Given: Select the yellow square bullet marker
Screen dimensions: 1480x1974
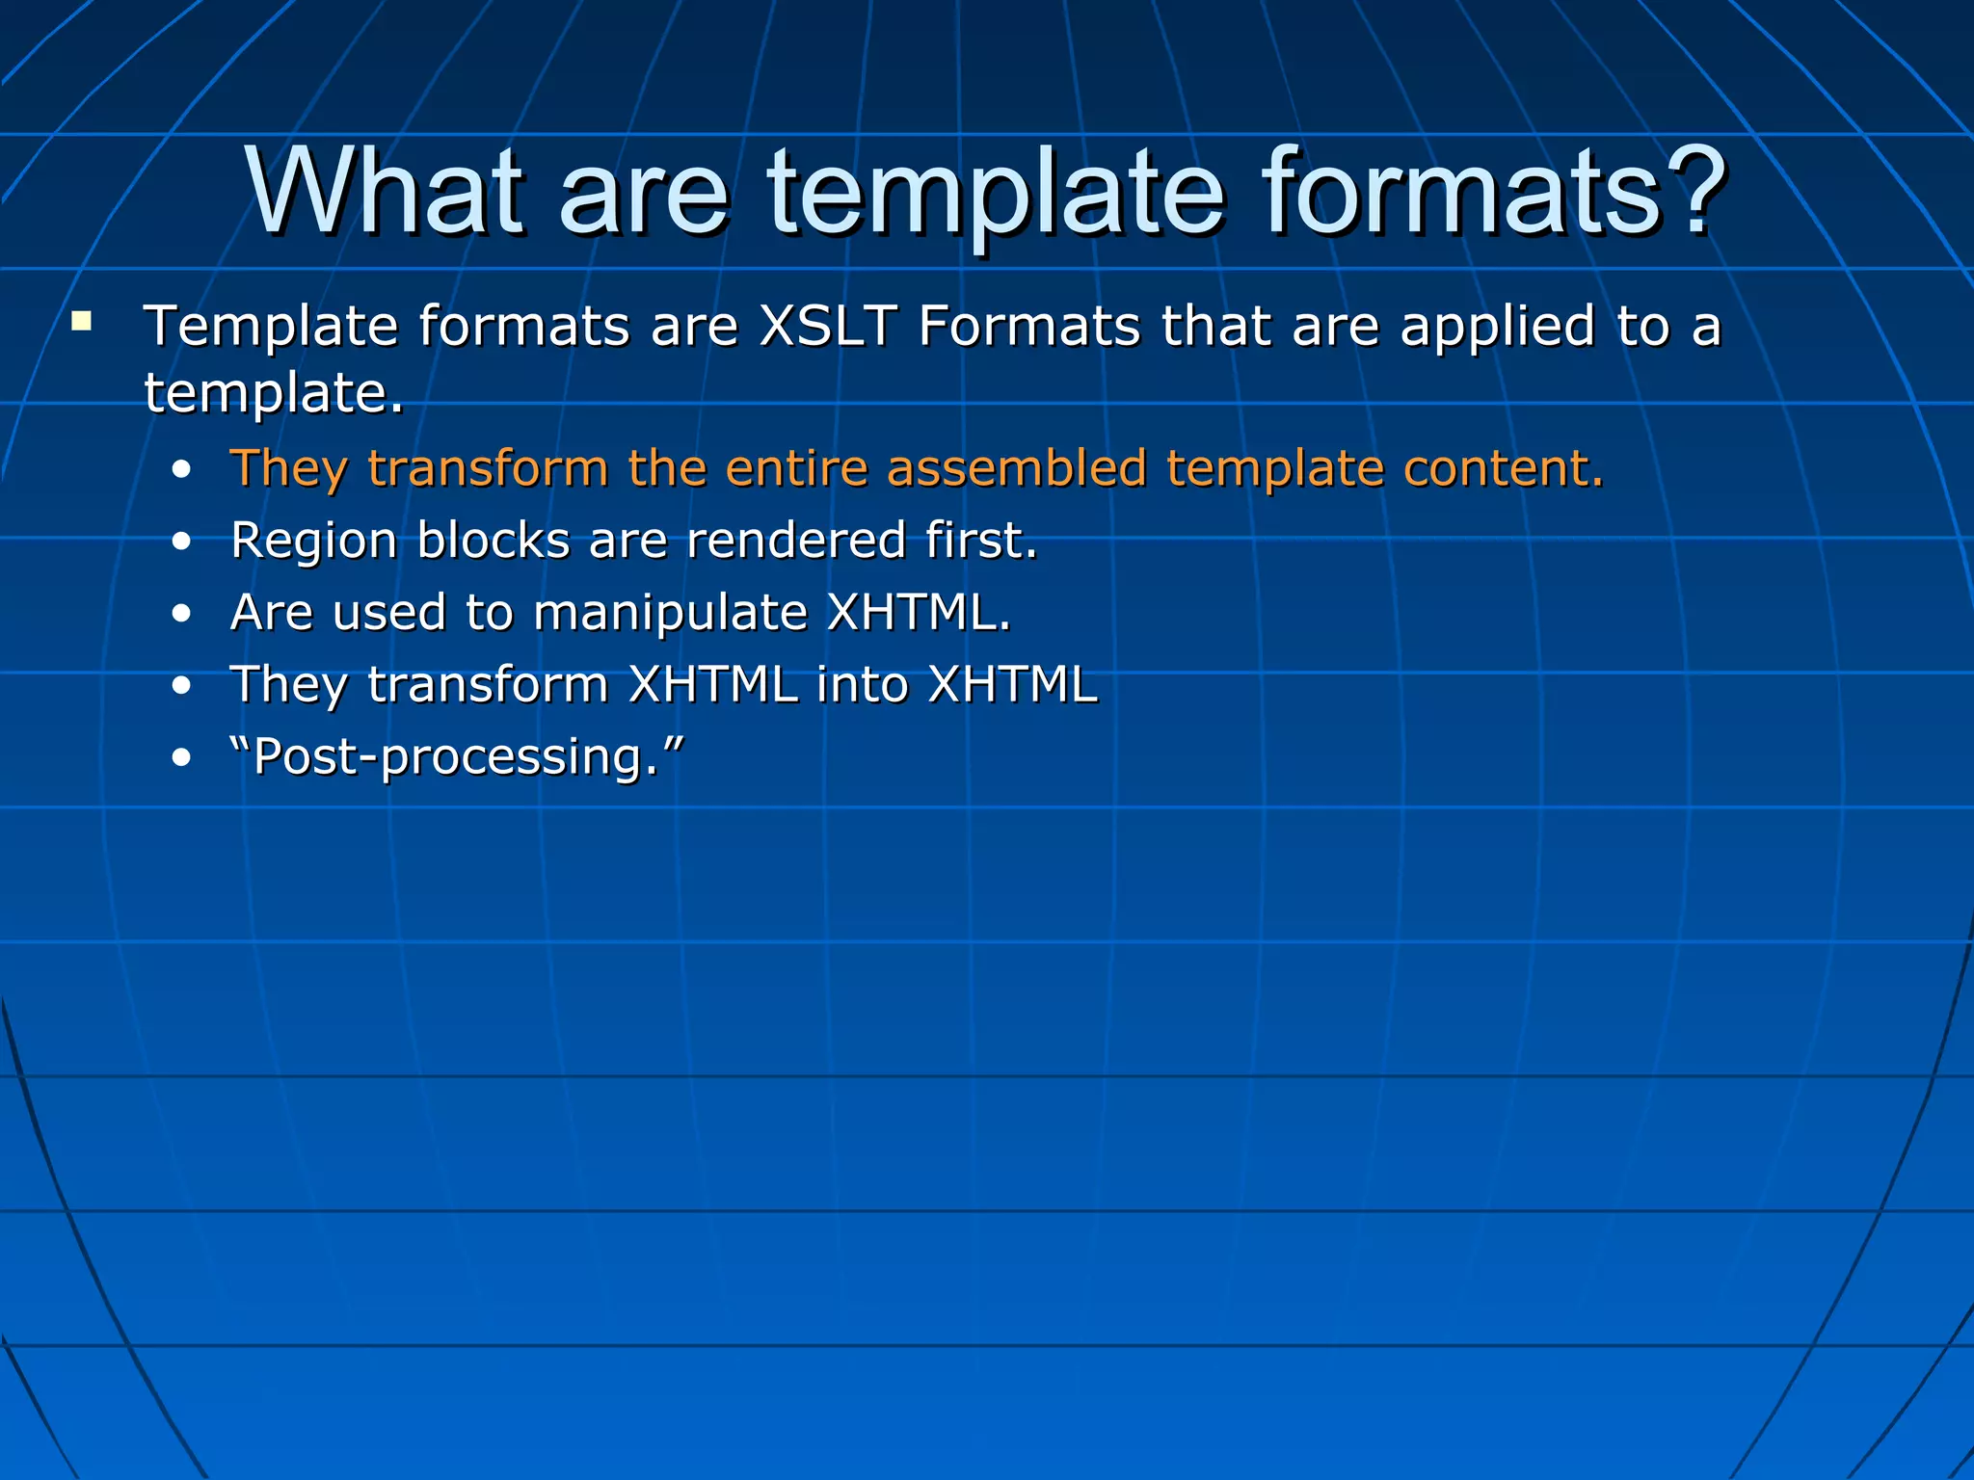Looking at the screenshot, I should click(81, 321).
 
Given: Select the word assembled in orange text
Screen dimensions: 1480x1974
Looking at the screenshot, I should click(1016, 467).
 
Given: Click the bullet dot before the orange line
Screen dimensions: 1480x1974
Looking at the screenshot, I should click(181, 470).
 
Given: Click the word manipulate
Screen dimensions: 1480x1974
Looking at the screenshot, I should click(670, 614).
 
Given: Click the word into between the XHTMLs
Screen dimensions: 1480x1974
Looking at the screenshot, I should click(862, 684).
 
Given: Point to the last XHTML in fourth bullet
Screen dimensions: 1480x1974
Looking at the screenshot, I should click(1012, 684).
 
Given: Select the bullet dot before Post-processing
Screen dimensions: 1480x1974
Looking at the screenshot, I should click(181, 758).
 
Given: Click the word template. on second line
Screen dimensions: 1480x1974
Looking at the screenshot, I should click(274, 393).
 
